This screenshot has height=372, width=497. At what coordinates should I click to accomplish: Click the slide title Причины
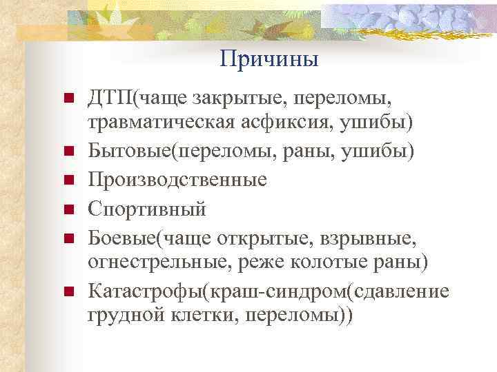pyautogui.click(x=269, y=59)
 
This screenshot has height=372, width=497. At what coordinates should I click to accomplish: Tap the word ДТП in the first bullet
pyautogui.click(x=110, y=99)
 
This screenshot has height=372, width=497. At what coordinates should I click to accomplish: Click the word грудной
pyautogui.click(x=123, y=315)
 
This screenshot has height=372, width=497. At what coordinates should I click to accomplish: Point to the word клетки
pyautogui.click(x=195, y=315)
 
